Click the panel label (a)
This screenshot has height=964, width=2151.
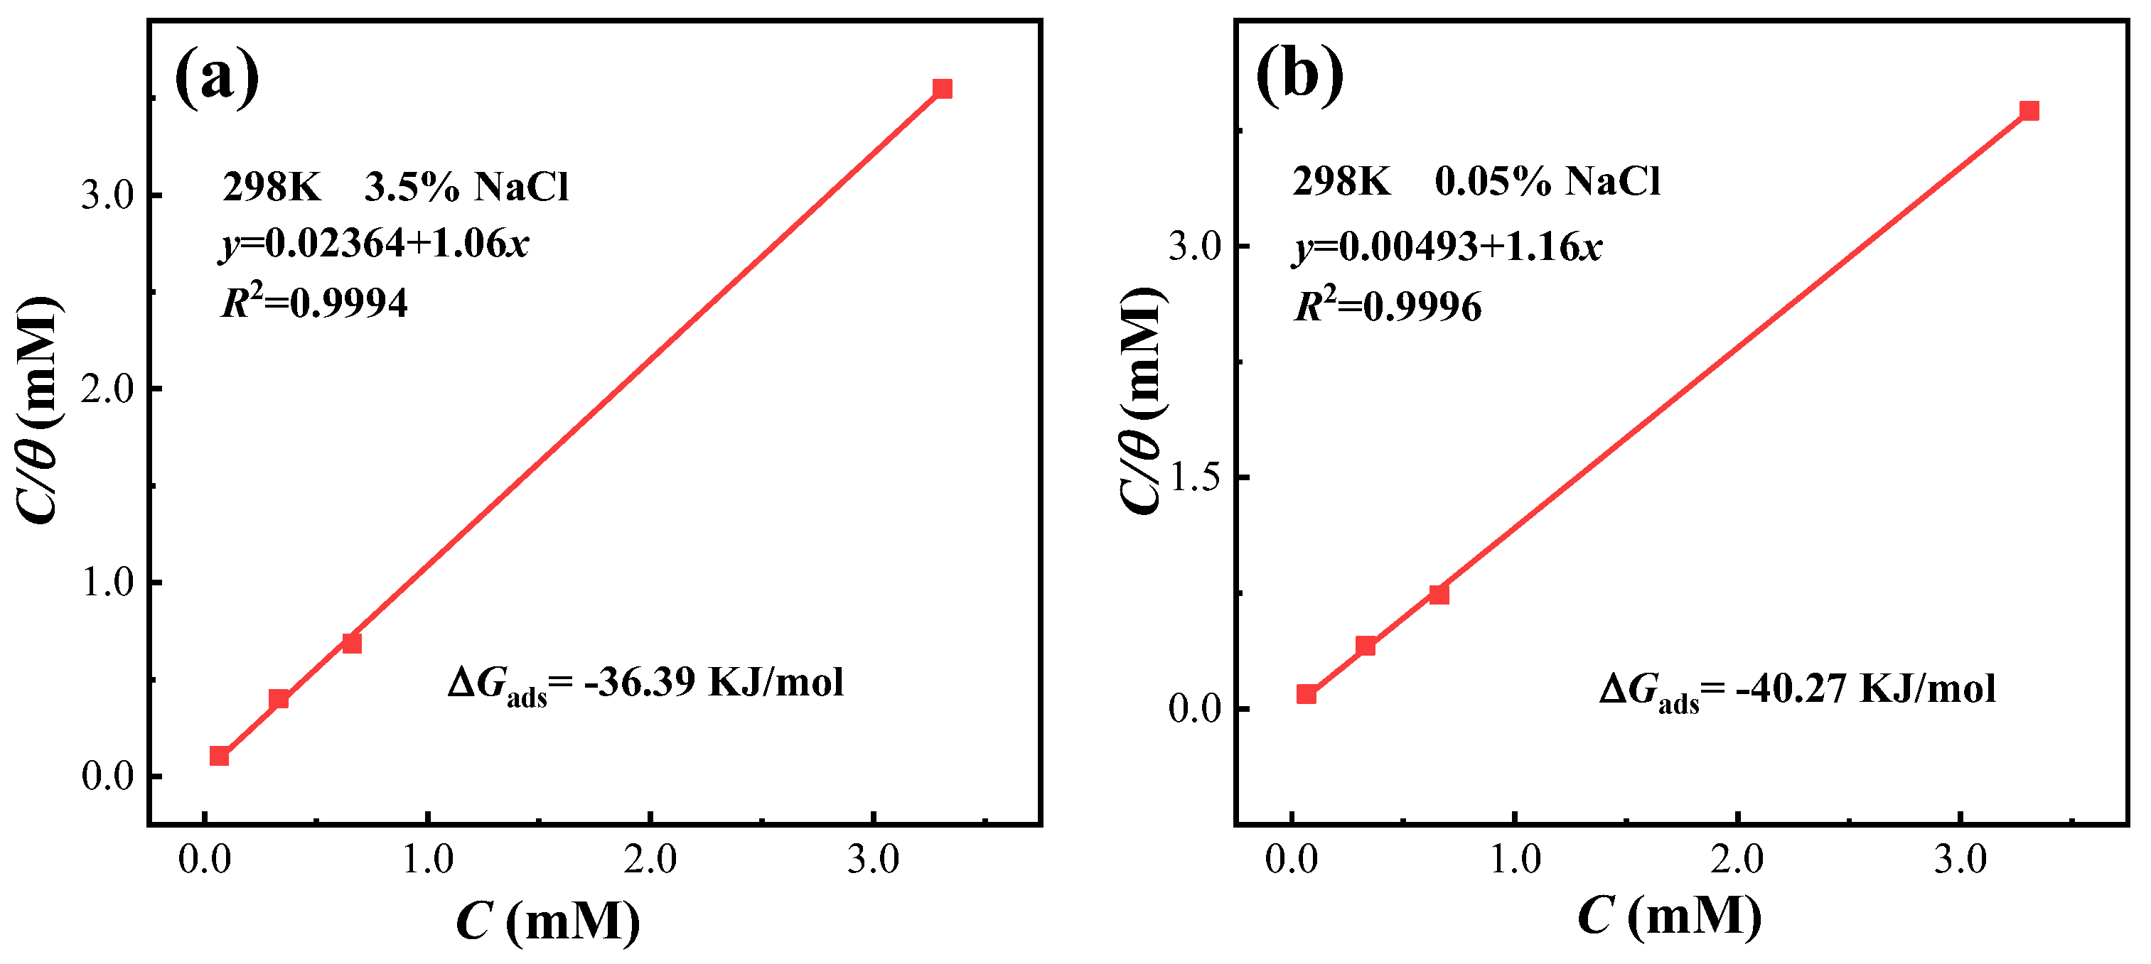coord(217,77)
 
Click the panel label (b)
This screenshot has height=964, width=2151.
coord(1299,75)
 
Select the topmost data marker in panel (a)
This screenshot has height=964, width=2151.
coord(942,89)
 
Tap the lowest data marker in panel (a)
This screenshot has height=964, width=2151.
coord(219,755)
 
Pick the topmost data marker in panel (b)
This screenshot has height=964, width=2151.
coord(2029,111)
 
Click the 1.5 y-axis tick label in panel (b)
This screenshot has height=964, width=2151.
coord(1195,477)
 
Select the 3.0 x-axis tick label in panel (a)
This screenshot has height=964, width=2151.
coord(873,859)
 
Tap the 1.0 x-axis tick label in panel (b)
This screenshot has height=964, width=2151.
coord(1515,859)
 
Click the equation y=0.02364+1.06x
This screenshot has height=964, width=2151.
coord(375,244)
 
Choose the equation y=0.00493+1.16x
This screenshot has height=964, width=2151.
coord(1448,247)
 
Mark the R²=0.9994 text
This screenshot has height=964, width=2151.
coord(315,302)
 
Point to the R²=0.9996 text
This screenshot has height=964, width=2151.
coord(1388,305)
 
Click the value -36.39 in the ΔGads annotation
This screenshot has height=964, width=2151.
coord(640,682)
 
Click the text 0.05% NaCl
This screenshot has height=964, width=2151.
coord(1547,181)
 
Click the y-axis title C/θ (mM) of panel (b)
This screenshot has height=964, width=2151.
coord(1141,401)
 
